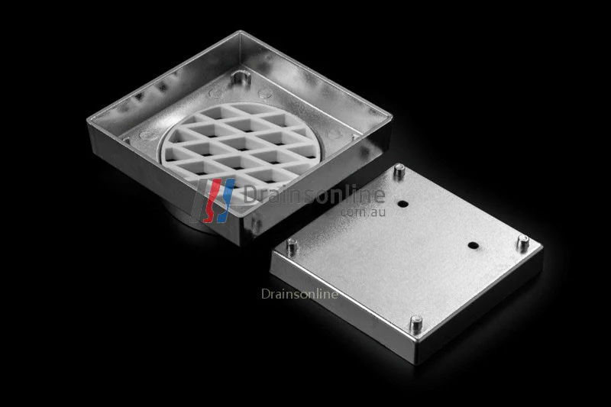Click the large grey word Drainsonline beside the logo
[x=313, y=195]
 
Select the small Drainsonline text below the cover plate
[x=299, y=293]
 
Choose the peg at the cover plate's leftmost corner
[x=291, y=246]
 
